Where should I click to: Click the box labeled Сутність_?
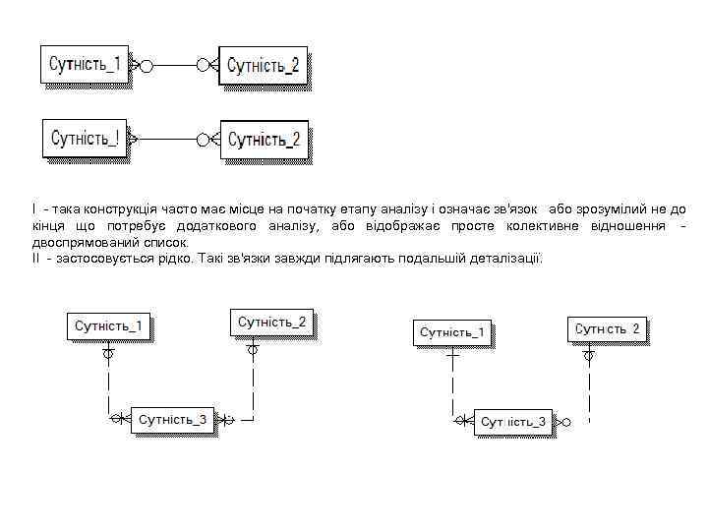click(85, 138)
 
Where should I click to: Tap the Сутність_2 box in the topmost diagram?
click(263, 66)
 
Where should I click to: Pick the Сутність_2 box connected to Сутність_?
click(264, 140)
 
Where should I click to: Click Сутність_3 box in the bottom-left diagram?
click(173, 419)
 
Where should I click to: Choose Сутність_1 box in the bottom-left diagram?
click(109, 325)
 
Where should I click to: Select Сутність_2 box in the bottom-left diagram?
click(272, 322)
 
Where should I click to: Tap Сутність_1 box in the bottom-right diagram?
click(452, 332)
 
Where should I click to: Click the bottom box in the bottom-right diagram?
click(512, 422)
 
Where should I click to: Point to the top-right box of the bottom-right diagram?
click(608, 328)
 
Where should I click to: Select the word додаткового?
click(216, 226)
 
